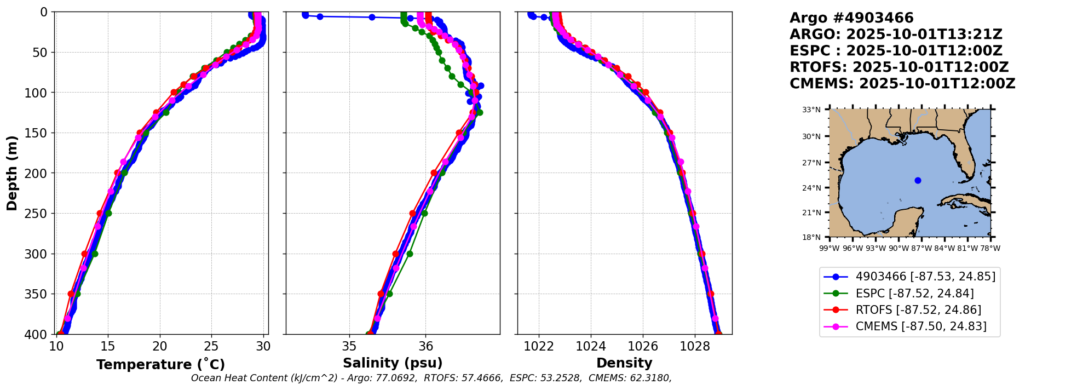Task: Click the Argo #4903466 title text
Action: pyautogui.click(x=851, y=18)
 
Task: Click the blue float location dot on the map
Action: pyautogui.click(x=918, y=180)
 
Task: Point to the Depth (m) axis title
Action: pyautogui.click(x=12, y=173)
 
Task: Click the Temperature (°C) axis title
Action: pyautogui.click(x=160, y=365)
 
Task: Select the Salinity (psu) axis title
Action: pyautogui.click(x=393, y=363)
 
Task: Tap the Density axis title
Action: pyautogui.click(x=624, y=363)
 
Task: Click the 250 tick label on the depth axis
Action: pyautogui.click(x=39, y=214)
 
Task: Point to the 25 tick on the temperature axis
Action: pyautogui.click(x=211, y=347)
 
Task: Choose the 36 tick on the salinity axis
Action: pyautogui.click(x=425, y=347)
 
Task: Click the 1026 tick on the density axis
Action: pyautogui.click(x=643, y=347)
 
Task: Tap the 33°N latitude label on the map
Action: pyautogui.click(x=811, y=110)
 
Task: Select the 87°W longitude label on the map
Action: pyautogui.click(x=922, y=248)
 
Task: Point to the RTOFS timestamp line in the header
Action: pyautogui.click(x=899, y=67)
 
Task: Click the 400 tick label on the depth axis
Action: pyautogui.click(x=39, y=334)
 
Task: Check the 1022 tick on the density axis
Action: pyautogui.click(x=539, y=347)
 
